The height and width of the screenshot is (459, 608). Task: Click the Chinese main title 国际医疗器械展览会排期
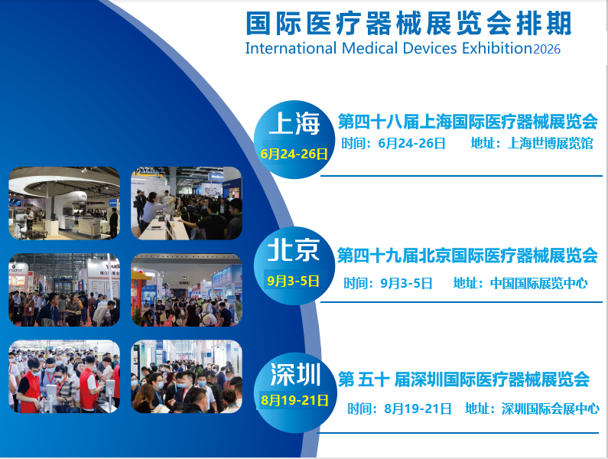coord(408,24)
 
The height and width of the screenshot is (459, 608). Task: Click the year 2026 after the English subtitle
coord(547,50)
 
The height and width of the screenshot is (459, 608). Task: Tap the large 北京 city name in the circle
coord(293,249)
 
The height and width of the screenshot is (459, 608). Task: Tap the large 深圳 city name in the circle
coord(295,375)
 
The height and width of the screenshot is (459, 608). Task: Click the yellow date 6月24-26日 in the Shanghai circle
coord(294,154)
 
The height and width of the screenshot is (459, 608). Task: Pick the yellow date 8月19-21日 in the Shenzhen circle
coord(294,399)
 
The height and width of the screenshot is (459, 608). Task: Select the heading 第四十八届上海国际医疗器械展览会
coord(467,121)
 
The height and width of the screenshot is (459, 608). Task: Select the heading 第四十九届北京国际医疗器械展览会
coord(467,255)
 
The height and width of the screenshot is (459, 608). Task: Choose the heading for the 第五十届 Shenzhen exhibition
coord(463,379)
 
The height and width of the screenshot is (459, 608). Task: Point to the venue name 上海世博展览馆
coord(550,144)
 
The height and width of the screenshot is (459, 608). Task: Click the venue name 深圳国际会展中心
coord(550,409)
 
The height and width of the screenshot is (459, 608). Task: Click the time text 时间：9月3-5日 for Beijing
coord(388,283)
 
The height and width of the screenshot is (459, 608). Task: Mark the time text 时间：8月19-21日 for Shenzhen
coord(399,409)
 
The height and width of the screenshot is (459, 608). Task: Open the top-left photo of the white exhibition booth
coord(64,203)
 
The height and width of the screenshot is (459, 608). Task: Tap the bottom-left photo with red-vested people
coord(64,376)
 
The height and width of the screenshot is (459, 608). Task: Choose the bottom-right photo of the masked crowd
coord(187,376)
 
